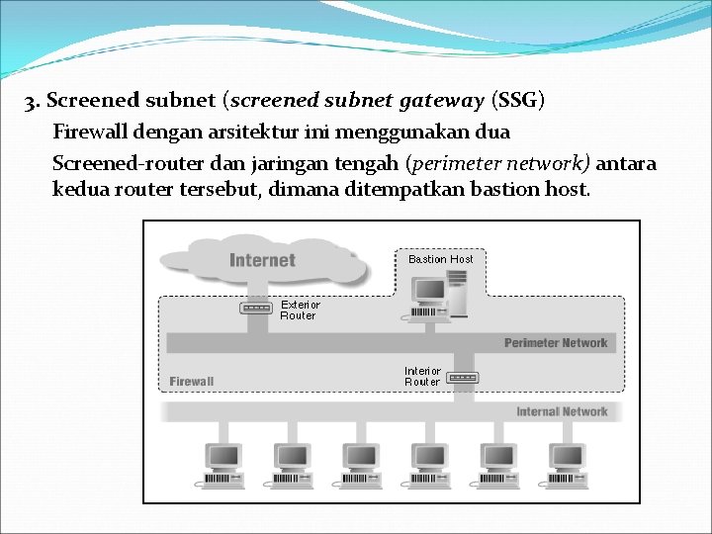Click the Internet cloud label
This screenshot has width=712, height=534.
pyautogui.click(x=262, y=260)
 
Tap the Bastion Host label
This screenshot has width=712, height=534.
pyautogui.click(x=441, y=259)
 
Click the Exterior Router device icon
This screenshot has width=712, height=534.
pyautogui.click(x=256, y=308)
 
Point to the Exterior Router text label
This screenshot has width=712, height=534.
pyautogui.click(x=300, y=311)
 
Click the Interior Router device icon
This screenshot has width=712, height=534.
pyautogui.click(x=463, y=377)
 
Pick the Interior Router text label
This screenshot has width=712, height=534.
pyautogui.click(x=422, y=376)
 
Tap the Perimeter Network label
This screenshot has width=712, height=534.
pyautogui.click(x=556, y=343)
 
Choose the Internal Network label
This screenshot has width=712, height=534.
pyautogui.click(x=562, y=411)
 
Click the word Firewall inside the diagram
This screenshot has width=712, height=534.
pyautogui.click(x=192, y=381)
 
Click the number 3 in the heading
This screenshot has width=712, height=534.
pyautogui.click(x=32, y=101)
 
